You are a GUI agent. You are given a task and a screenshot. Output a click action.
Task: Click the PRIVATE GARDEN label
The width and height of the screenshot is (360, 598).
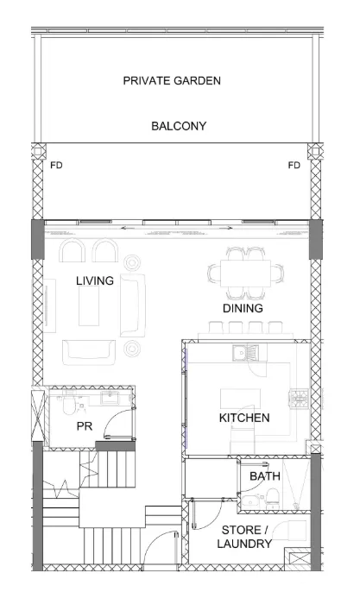pyautogui.click(x=172, y=81)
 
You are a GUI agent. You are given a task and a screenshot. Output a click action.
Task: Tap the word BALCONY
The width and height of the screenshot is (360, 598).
pyautogui.click(x=179, y=126)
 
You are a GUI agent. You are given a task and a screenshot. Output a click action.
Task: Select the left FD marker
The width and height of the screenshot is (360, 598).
pyautogui.click(x=56, y=166)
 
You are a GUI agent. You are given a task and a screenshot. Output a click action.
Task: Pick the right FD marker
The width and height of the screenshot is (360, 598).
pyautogui.click(x=294, y=166)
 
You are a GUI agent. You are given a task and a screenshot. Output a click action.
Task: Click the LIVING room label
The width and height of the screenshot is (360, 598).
pyautogui.click(x=95, y=280)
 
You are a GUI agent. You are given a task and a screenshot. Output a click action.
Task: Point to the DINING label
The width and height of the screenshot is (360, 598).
pyautogui.click(x=243, y=308)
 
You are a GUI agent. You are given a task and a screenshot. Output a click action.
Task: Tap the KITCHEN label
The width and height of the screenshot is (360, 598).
pyautogui.click(x=244, y=418)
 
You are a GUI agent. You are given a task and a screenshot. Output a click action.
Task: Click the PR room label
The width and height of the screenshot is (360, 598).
pyautogui.click(x=85, y=426)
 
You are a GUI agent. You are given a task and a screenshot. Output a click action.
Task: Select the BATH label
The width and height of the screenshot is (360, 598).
pyautogui.click(x=265, y=476)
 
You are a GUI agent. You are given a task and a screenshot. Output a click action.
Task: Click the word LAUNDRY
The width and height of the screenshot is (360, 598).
pyautogui.click(x=244, y=544)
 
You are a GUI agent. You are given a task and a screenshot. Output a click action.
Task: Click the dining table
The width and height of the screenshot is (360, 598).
pyautogui.click(x=245, y=273)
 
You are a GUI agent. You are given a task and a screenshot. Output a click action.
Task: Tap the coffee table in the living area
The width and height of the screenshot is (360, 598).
pyautogui.click(x=89, y=305)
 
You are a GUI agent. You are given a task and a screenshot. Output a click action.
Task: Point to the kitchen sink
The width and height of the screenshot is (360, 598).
pyautogui.click(x=245, y=352)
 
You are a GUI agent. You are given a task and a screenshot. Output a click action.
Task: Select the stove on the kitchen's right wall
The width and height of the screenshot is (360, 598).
pyautogui.click(x=299, y=399)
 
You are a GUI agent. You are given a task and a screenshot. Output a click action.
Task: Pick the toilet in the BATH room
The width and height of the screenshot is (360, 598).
pyautogui.click(x=272, y=498)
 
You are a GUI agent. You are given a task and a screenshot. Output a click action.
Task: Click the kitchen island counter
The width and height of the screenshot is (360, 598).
pyautogui.click(x=240, y=399)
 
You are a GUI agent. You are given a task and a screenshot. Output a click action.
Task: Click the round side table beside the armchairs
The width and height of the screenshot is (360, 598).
pyautogui.click(x=132, y=262)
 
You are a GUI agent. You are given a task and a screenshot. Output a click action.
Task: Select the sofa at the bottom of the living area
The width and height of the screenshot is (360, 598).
pyautogui.click(x=88, y=352)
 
